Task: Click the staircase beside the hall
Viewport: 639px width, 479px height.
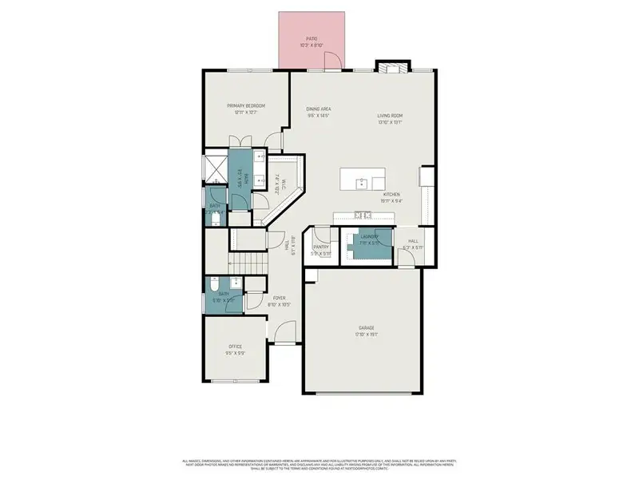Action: tap(248, 263)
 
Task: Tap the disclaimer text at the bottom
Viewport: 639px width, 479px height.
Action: tap(319, 464)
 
